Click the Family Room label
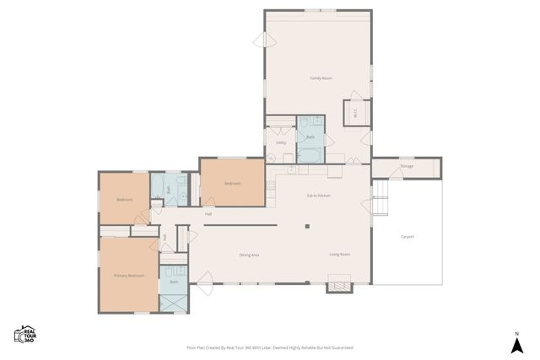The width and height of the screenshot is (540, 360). click(320, 78)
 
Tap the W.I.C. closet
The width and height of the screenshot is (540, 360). click(354, 112)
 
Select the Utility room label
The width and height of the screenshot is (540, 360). click(281, 142)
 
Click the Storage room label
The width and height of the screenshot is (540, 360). click(407, 166)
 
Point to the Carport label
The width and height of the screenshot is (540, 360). click(408, 236)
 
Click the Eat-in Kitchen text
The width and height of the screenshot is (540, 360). click(318, 195)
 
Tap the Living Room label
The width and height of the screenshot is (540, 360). click(339, 254)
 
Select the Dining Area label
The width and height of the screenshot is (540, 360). click(249, 254)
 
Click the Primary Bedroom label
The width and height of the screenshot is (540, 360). click(129, 275)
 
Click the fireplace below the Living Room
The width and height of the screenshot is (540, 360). click(338, 287)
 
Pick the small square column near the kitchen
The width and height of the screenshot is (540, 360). click(308, 225)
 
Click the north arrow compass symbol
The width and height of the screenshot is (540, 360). click(516, 342)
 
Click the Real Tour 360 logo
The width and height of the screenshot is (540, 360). click(26, 334)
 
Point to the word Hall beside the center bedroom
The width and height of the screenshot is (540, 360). click(208, 214)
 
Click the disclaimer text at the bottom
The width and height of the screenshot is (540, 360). click(269, 347)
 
